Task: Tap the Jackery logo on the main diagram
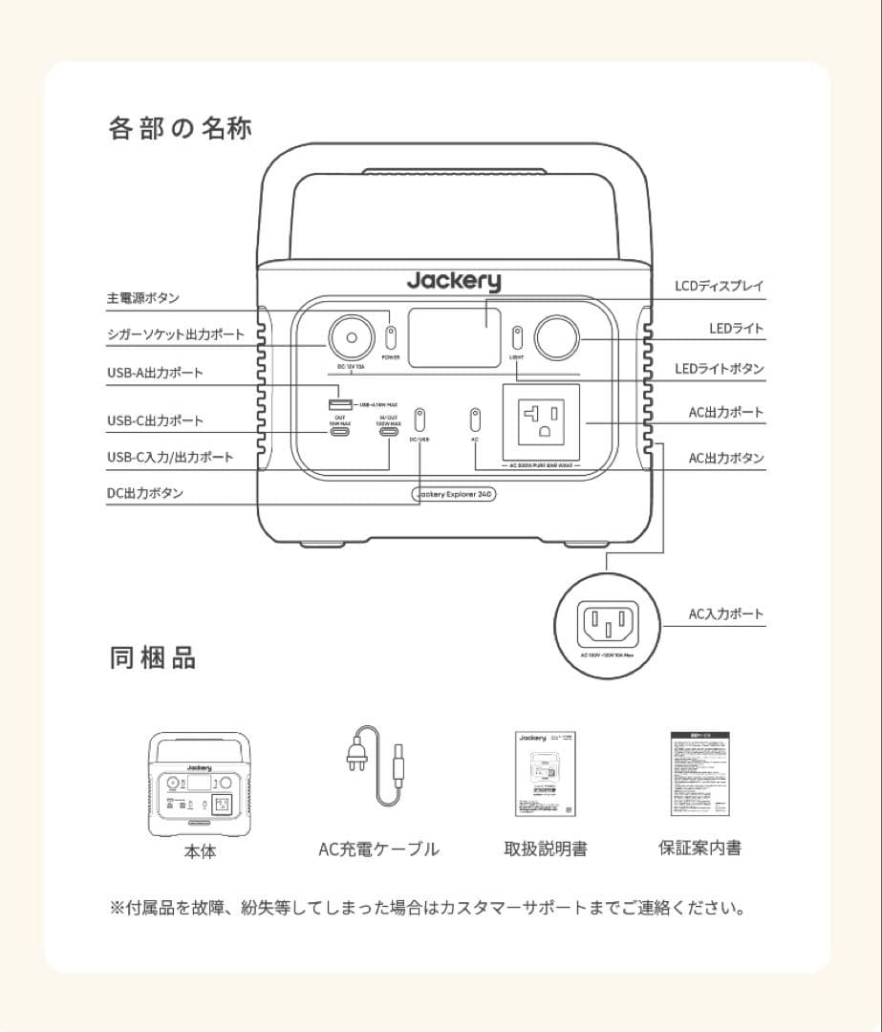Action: [x=453, y=281]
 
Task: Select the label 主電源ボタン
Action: [x=142, y=299]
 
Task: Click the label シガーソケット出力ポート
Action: [x=175, y=334]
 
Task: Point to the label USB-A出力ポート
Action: [x=155, y=373]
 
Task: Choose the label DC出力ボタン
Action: [x=144, y=493]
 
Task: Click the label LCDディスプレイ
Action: [x=719, y=286]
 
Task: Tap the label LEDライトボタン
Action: [x=720, y=369]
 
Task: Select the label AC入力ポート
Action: [x=726, y=613]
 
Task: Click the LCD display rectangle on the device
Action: [x=454, y=332]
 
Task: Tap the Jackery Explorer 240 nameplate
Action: [x=453, y=494]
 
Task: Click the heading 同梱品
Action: [x=153, y=657]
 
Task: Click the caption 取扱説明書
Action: [x=546, y=849]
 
